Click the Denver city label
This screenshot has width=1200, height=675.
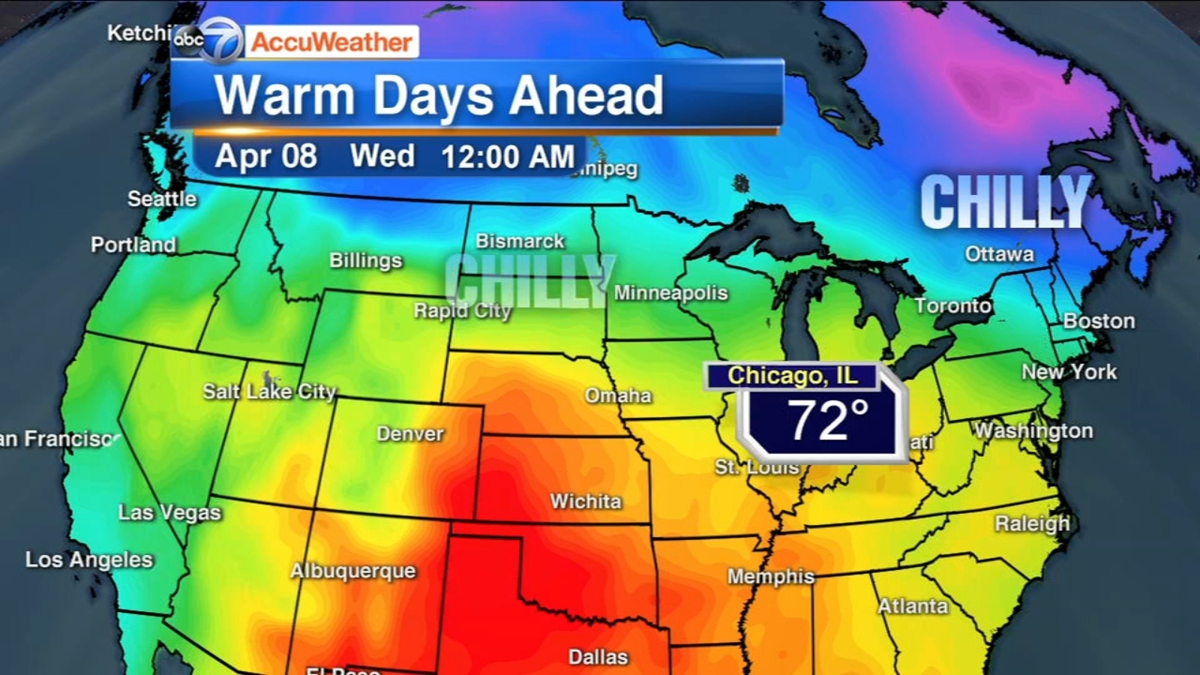tap(409, 433)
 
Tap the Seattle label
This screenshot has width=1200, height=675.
tap(162, 199)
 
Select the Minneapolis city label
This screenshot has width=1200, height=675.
tap(670, 292)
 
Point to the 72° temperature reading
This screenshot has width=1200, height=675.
tap(826, 421)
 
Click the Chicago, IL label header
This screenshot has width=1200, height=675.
tap(792, 375)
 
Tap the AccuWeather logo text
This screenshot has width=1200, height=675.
tap(331, 42)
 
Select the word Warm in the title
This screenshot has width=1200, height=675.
tap(284, 96)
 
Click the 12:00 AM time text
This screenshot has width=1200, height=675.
tap(507, 157)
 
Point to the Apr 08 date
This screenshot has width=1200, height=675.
tap(265, 156)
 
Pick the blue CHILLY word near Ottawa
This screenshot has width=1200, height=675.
tap(1005, 202)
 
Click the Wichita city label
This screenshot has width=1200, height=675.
tap(586, 501)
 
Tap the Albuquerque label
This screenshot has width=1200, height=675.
tap(352, 571)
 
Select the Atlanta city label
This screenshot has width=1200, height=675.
tap(913, 606)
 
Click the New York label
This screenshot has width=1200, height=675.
tap(1069, 372)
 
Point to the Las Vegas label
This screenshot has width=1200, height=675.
tap(169, 512)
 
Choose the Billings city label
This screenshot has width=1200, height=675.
tap(366, 260)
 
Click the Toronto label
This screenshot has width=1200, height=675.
tap(953, 306)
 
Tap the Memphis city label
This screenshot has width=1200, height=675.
tap(771, 576)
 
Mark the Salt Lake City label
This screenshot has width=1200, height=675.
tap(269, 391)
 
